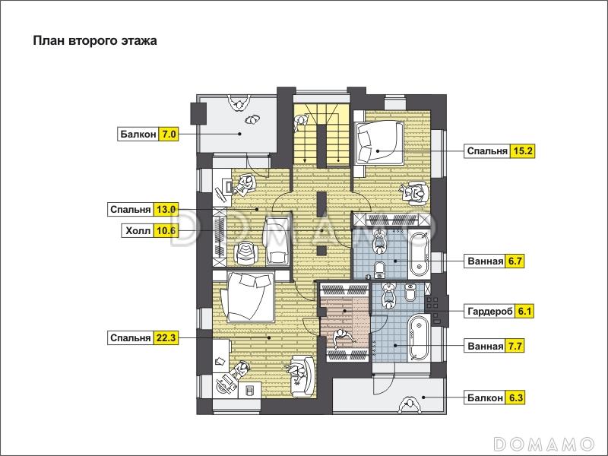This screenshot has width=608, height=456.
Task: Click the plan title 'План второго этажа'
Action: point(95,41)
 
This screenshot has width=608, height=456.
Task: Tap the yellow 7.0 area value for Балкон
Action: point(169,135)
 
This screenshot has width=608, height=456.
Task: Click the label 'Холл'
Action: point(138,231)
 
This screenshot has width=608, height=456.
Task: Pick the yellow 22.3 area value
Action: point(166,337)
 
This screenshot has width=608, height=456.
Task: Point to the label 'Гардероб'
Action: point(490,312)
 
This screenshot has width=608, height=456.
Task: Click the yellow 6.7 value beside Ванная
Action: point(515,261)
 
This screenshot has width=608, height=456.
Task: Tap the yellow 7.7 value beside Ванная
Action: point(515,346)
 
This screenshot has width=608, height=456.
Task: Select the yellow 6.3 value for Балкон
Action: point(516,397)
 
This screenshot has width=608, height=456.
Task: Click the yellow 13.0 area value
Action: point(166,210)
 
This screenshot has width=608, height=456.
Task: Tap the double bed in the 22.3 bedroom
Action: point(251,297)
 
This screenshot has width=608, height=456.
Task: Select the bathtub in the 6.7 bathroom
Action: point(420,254)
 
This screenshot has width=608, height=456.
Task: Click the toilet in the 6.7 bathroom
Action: point(379,269)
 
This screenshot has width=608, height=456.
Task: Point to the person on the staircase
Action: point(300,122)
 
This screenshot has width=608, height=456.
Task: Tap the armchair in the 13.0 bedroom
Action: point(245,253)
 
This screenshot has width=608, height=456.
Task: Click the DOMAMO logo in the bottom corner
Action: point(543,443)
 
